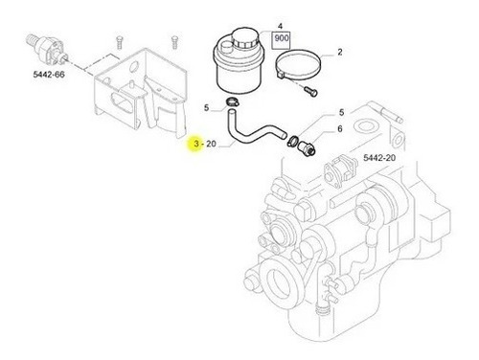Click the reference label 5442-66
coord(49,75)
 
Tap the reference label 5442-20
coord(379,158)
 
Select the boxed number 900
coord(282,38)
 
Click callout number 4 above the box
coord(280,26)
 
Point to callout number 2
coord(340,52)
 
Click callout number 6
coord(340,128)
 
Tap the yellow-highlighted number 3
coord(196,144)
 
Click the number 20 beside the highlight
coord(211,144)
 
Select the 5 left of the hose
coord(206,108)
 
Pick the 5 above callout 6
coord(341,112)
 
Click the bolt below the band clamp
coord(310,91)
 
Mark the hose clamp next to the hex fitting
coord(293,141)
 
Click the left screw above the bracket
coord(120,42)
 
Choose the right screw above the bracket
coord(174,42)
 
